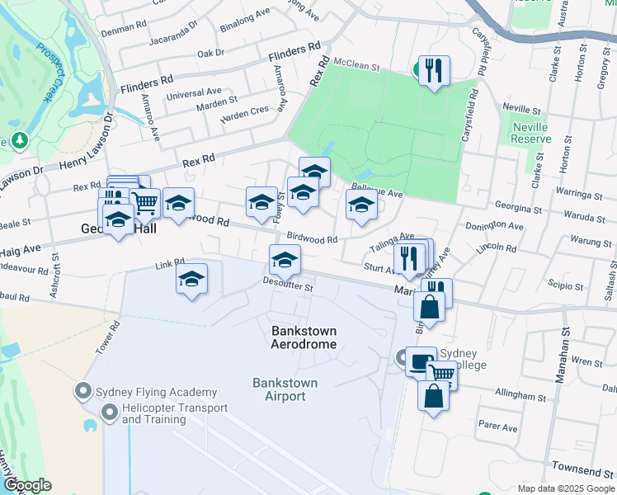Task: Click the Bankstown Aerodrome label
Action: click(x=304, y=337)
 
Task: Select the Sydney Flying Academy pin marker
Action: click(x=84, y=391)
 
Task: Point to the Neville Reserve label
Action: click(x=530, y=133)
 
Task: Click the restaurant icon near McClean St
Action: click(x=433, y=70)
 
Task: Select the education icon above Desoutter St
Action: click(x=285, y=260)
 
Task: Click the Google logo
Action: click(x=27, y=485)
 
